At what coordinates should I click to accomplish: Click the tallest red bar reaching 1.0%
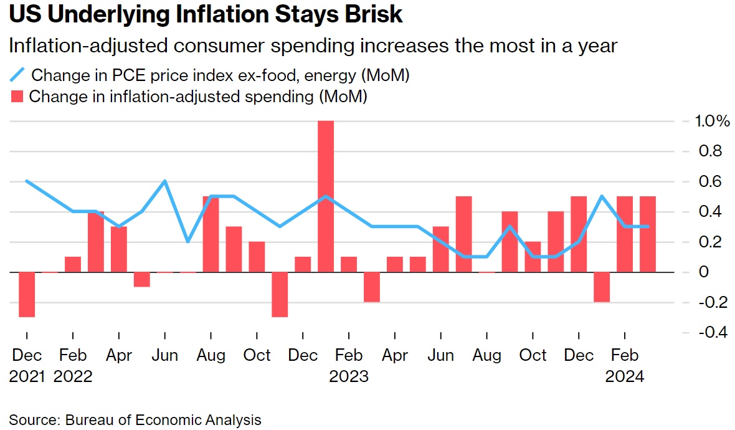(x=326, y=196)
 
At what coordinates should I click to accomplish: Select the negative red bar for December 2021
(x=27, y=294)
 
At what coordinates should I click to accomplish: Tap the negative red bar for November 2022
(x=280, y=294)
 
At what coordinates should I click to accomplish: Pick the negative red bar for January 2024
(x=602, y=287)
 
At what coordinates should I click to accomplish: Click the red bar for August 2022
(x=211, y=234)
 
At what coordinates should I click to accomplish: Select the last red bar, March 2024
(x=648, y=234)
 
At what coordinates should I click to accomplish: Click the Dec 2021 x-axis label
(x=27, y=365)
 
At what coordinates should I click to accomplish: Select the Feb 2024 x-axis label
(x=625, y=365)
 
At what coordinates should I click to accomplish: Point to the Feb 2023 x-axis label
(x=349, y=365)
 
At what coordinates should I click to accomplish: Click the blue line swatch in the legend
(x=17, y=75)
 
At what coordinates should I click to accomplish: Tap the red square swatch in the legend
(x=17, y=97)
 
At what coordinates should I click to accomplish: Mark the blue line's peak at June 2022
(x=164, y=181)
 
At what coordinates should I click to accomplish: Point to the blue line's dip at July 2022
(x=187, y=241)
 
